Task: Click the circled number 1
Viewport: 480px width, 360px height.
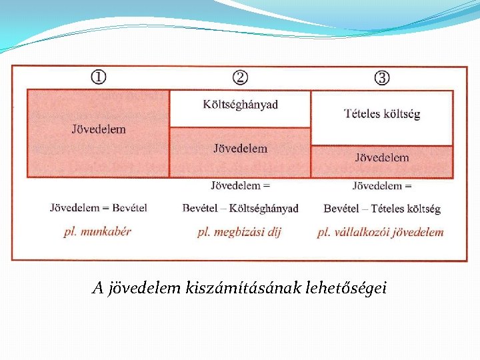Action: pyautogui.click(x=98, y=77)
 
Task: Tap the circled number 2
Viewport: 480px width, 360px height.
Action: pyautogui.click(x=240, y=77)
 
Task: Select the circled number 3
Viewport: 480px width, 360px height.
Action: pyautogui.click(x=382, y=77)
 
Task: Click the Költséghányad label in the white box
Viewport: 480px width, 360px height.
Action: pyautogui.click(x=240, y=105)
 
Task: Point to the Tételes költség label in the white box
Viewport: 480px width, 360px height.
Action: pyautogui.click(x=382, y=114)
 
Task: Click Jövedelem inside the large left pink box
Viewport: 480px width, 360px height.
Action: pyautogui.click(x=98, y=129)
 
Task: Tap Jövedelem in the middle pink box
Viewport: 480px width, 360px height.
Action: pyautogui.click(x=240, y=149)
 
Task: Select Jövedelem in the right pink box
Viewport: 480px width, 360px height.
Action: pyautogui.click(x=382, y=158)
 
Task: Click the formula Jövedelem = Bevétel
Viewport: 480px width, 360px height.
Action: pyautogui.click(x=98, y=208)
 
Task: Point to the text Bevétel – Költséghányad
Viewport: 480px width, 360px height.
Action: pyautogui.click(x=240, y=209)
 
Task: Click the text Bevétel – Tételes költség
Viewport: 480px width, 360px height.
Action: pyautogui.click(x=382, y=209)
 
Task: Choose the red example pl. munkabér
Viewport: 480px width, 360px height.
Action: pyautogui.click(x=97, y=232)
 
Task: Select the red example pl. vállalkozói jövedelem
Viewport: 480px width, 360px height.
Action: pyautogui.click(x=380, y=232)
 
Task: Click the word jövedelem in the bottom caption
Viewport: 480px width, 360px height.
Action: pyautogui.click(x=140, y=289)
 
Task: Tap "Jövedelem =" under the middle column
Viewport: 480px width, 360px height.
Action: pyautogui.click(x=240, y=185)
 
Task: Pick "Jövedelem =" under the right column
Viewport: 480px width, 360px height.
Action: pyautogui.click(x=382, y=185)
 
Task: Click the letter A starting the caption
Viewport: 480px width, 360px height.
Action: pyautogui.click(x=97, y=289)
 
